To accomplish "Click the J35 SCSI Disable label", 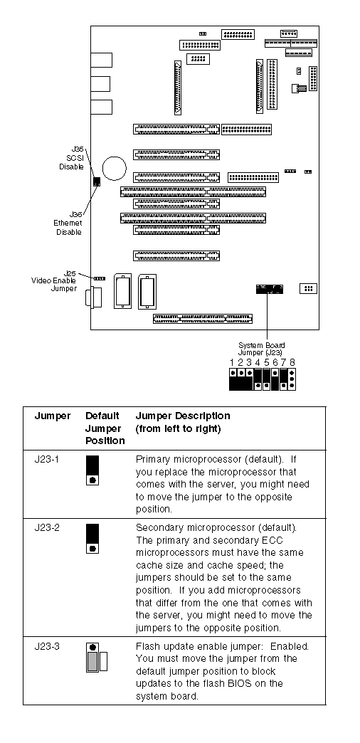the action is [71, 158].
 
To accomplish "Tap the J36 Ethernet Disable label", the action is [69, 223].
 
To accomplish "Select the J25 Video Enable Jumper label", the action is [53, 280].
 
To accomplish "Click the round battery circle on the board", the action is [114, 169].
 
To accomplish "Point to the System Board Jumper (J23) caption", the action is [262, 349].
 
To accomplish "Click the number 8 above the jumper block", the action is [292, 362].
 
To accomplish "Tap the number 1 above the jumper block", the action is [232, 362].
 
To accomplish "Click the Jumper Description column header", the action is [183, 422].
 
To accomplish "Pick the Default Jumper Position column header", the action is [105, 428].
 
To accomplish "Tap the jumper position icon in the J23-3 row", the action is [97, 657].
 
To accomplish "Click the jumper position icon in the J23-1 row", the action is [92, 470].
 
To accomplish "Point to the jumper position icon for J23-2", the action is [92, 538].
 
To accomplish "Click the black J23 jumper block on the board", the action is [270, 289].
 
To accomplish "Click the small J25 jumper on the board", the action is [100, 278].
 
